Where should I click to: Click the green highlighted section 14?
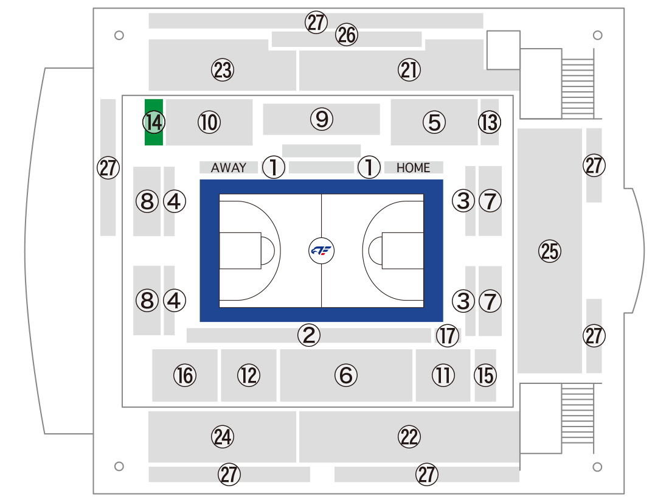point(154,122)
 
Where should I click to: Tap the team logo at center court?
point(321,251)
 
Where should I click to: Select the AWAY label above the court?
point(229,167)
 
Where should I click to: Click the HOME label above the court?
point(413,168)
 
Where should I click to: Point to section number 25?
point(550,251)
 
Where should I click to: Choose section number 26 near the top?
point(347,35)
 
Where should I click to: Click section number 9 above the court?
point(322,119)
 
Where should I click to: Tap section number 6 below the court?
point(346,375)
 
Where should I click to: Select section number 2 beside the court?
point(309,335)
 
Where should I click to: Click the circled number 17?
point(448,335)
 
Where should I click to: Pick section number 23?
point(223,70)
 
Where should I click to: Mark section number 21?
point(409,70)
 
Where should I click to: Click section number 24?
point(223,437)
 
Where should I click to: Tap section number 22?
point(409,437)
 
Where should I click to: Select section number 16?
point(185,375)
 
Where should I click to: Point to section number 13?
point(490,122)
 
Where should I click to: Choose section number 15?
point(485,375)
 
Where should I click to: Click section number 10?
point(209,122)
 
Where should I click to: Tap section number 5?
point(434,122)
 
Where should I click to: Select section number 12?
point(249,375)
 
